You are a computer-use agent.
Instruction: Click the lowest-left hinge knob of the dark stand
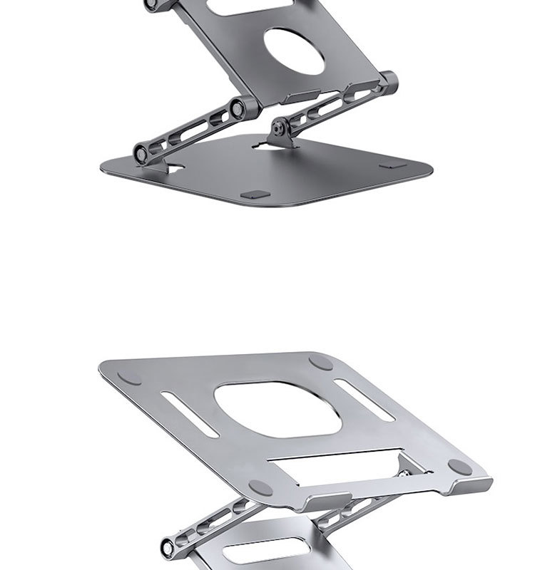pyautogui.click(x=143, y=152)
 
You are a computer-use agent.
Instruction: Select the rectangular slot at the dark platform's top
pyautogui.click(x=243, y=6)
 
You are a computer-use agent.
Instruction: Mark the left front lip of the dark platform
pyautogui.click(x=303, y=97)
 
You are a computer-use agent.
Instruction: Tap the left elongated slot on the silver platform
pyautogui.click(x=190, y=414)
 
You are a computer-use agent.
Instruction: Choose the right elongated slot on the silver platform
pyautogui.click(x=364, y=399)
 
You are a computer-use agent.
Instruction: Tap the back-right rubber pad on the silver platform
pyautogui.click(x=321, y=362)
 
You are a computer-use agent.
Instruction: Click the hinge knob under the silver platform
pyautogui.click(x=170, y=547)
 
